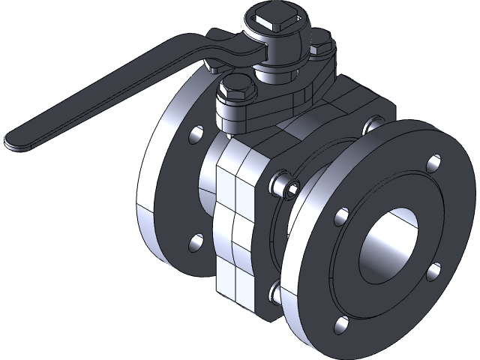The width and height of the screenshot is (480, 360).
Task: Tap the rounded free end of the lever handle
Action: [x=16, y=139]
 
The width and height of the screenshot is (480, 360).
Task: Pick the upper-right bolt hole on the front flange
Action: [x=433, y=162]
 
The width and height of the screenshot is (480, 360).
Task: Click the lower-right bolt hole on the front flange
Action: [x=433, y=273]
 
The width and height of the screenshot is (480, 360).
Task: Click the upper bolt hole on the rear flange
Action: [x=196, y=135]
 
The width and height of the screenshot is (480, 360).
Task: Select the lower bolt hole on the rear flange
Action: [x=196, y=241]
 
